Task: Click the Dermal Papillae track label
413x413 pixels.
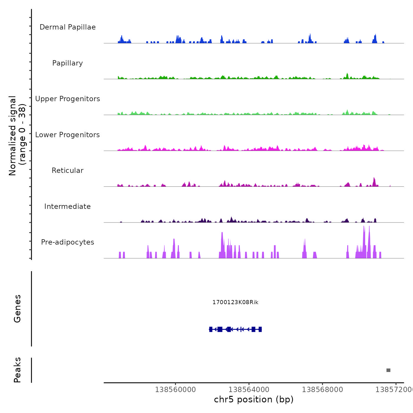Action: [x=68, y=27]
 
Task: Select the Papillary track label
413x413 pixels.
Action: [x=68, y=63]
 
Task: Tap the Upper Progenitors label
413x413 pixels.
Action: [x=68, y=99]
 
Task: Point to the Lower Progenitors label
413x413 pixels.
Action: [x=68, y=135]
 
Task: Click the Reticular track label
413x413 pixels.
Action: [x=68, y=171]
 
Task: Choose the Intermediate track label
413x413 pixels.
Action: [x=68, y=206]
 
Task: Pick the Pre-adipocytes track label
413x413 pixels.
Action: [x=68, y=242]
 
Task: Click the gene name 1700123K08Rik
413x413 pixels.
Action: [x=235, y=302]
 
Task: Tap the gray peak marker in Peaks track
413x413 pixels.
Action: [x=388, y=370]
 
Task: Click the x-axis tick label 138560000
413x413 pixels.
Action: [x=175, y=390]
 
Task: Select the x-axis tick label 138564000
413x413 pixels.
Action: [x=249, y=390]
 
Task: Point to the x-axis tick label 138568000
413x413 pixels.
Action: [x=322, y=390]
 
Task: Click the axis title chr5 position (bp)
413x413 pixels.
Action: [x=254, y=399]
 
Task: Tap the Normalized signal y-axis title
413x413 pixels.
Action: [x=17, y=136]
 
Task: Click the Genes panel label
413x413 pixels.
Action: [x=17, y=309]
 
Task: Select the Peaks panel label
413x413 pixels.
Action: [x=17, y=370]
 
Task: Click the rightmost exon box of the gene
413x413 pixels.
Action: [x=260, y=329]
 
